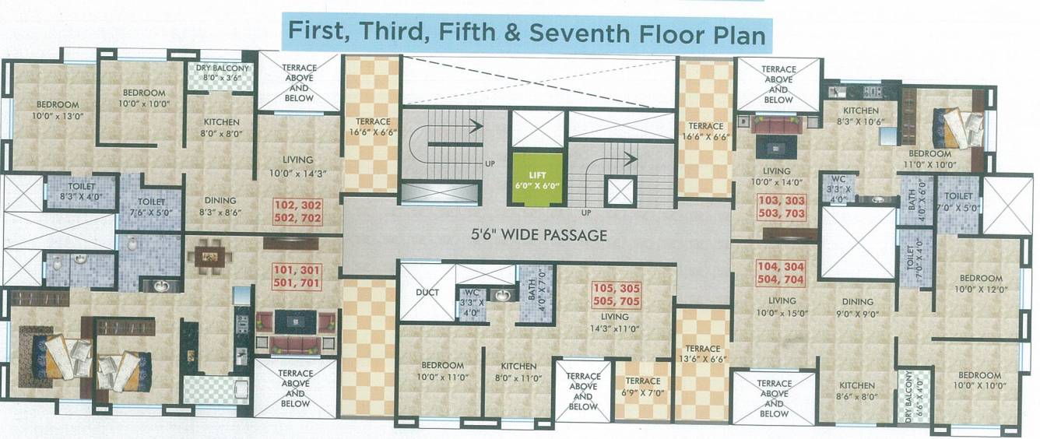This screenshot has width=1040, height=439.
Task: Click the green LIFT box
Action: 536,178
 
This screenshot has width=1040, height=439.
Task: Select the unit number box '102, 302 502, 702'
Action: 297,212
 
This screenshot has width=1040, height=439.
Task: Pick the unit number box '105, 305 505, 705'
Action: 616,294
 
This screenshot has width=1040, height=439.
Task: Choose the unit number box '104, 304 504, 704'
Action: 781,273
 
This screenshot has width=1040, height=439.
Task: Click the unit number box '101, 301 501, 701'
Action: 297,276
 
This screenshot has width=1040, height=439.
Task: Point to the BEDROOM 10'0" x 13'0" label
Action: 57,110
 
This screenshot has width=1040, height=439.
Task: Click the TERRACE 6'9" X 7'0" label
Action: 642,387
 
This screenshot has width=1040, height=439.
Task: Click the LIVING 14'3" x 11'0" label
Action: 615,322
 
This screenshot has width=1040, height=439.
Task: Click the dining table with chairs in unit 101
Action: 209,255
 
